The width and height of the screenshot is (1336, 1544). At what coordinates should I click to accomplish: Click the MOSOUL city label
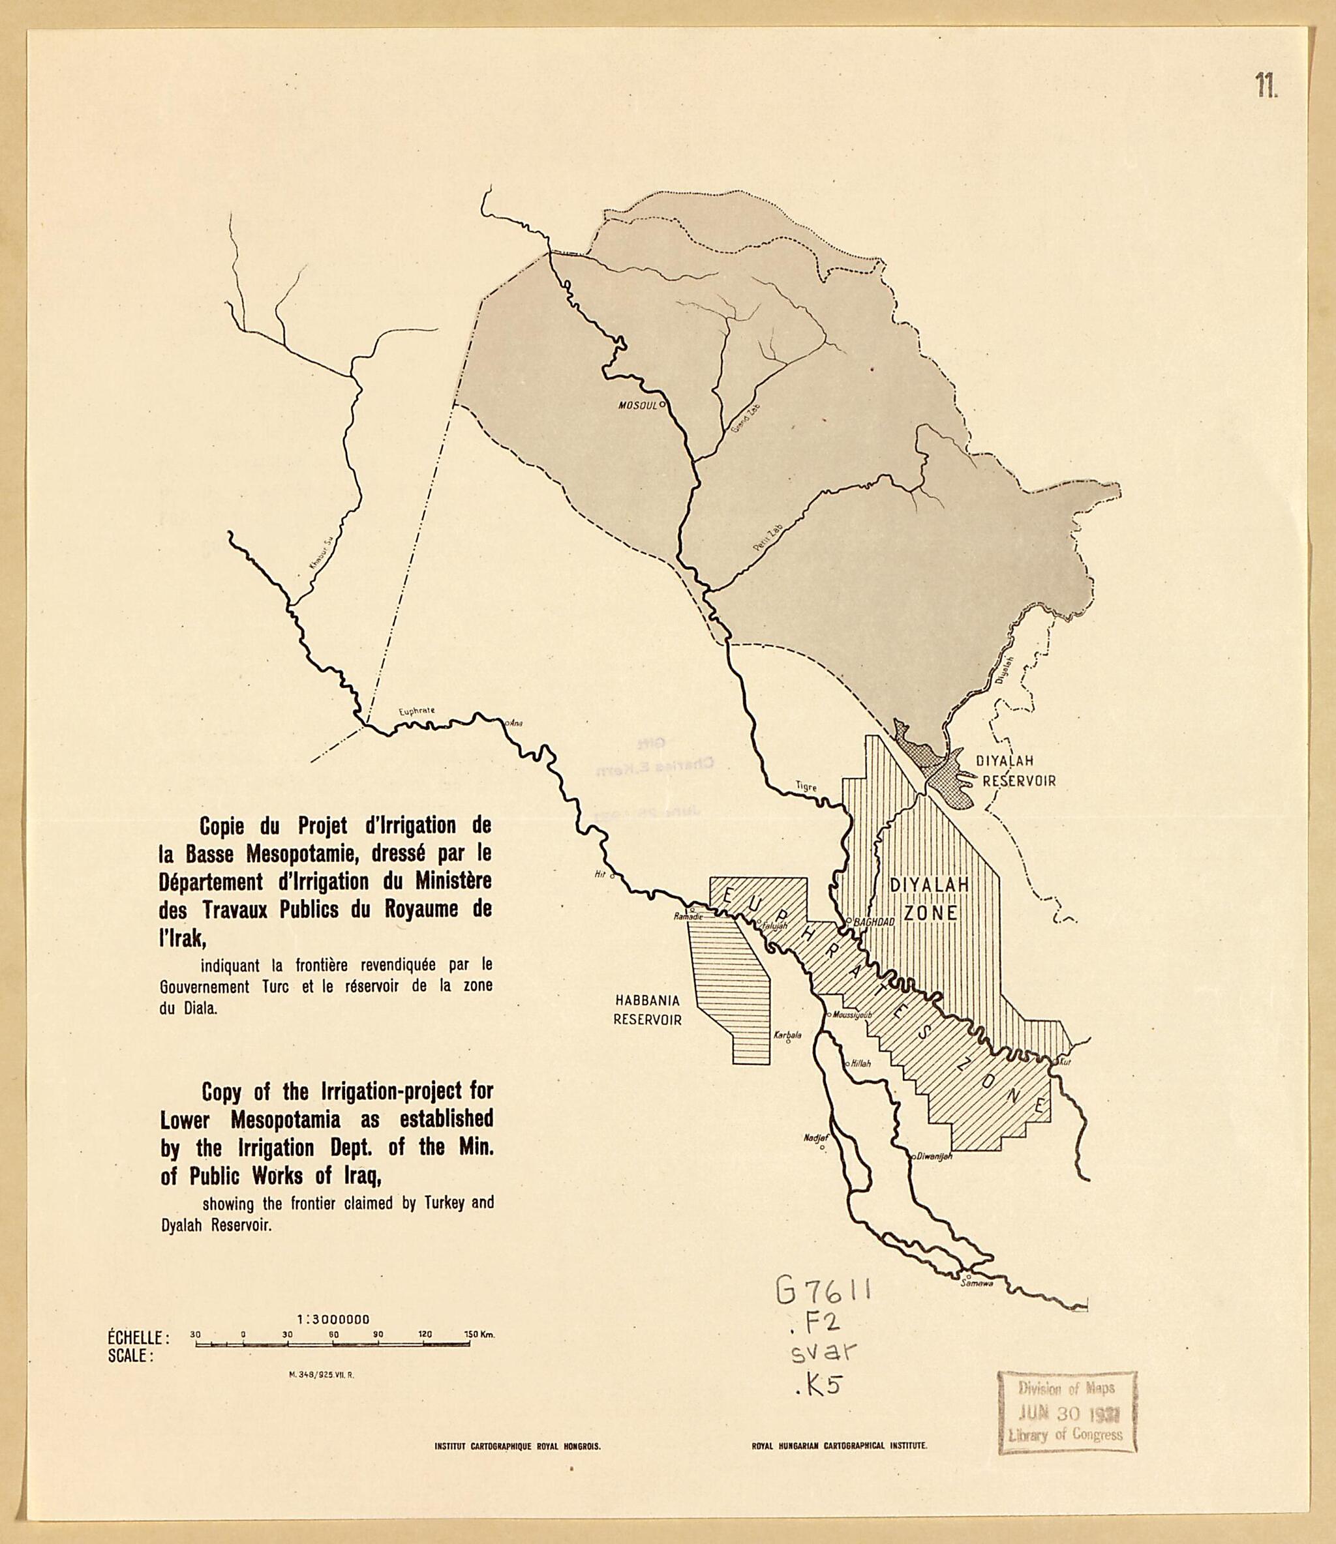(x=637, y=406)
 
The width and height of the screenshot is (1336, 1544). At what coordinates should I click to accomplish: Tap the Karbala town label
(x=787, y=1035)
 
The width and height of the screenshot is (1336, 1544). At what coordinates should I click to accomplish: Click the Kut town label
(x=1065, y=1062)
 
